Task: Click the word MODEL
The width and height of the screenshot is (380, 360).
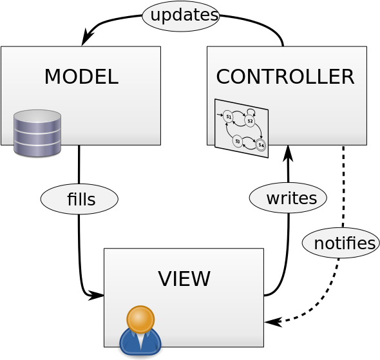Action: tap(81, 77)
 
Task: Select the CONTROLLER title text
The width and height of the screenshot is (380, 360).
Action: tap(285, 77)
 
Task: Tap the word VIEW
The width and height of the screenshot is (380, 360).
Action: tap(184, 279)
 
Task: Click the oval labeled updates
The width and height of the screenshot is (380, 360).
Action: tap(181, 16)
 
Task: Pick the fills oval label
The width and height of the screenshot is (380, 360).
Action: tap(79, 199)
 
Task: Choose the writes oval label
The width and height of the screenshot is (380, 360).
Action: tap(288, 198)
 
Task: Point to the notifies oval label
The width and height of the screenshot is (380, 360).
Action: tap(341, 243)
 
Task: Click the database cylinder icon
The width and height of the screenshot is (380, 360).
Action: tap(37, 133)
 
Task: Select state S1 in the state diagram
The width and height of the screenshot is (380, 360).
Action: tap(228, 117)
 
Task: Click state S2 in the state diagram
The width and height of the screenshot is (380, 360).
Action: tap(250, 121)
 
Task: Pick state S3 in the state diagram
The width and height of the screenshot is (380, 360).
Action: tap(238, 141)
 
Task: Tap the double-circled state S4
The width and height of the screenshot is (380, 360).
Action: tap(261, 145)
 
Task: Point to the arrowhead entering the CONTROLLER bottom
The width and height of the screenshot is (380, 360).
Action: tap(288, 153)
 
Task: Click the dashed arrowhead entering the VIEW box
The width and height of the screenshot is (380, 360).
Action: tap(273, 322)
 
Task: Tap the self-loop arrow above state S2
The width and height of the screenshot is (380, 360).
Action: tap(251, 110)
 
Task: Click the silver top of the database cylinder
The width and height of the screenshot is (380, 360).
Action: tap(37, 116)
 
